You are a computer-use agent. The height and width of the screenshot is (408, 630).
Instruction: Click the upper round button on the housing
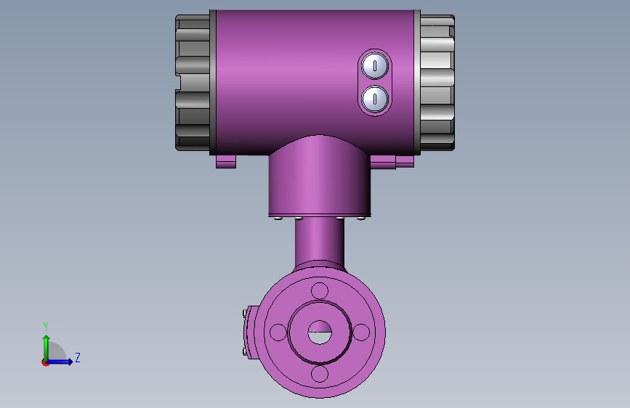pos(375,66)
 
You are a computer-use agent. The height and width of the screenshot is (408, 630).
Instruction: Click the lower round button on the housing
pos(375,99)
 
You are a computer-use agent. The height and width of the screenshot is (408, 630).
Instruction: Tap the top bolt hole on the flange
pos(320,290)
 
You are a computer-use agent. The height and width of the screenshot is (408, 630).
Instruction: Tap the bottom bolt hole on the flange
pos(320,374)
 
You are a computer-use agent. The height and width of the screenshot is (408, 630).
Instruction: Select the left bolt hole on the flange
pos(278,332)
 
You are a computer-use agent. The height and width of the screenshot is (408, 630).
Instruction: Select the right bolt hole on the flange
pos(361,332)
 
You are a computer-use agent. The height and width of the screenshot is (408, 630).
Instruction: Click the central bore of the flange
pos(320,332)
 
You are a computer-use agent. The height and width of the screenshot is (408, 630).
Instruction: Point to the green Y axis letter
pos(46,326)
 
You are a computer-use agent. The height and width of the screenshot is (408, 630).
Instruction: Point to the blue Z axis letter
pos(78,357)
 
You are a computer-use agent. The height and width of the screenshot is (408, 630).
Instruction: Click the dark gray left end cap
pos(193,83)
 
